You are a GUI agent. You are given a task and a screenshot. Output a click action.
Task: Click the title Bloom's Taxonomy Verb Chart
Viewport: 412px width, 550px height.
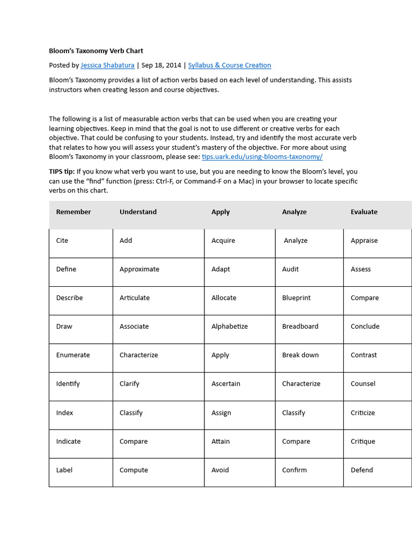tap(96, 51)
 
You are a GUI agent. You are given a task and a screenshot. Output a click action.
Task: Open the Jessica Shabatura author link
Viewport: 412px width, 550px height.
tap(108, 66)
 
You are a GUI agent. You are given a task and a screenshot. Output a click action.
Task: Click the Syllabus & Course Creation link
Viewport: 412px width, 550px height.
tap(229, 66)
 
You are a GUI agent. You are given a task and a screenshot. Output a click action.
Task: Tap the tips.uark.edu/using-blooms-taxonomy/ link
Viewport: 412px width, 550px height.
tap(262, 157)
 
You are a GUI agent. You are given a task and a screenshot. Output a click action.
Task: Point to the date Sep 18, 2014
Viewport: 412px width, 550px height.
tap(161, 66)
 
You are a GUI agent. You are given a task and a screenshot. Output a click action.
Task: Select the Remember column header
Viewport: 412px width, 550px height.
tap(73, 212)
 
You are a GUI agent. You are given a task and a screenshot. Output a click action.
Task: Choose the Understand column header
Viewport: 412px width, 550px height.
tap(138, 212)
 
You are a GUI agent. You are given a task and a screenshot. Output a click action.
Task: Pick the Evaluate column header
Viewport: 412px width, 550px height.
tap(364, 212)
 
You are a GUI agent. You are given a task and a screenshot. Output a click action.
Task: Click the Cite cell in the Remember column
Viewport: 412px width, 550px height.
tap(62, 241)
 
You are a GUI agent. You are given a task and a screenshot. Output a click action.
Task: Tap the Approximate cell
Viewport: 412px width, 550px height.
tap(139, 269)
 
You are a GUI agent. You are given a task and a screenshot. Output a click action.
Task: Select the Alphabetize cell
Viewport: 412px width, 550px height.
tap(229, 327)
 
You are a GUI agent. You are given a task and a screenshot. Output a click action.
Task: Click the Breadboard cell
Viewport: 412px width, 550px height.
tap(300, 327)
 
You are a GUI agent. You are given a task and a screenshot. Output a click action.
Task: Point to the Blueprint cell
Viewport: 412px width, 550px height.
tap(296, 298)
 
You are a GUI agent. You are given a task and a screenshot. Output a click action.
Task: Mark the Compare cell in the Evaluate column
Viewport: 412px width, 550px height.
tap(364, 298)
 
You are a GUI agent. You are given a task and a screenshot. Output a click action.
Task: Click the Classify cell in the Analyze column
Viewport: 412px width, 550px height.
tap(293, 413)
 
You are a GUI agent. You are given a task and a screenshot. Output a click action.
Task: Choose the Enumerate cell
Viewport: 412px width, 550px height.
tap(73, 355)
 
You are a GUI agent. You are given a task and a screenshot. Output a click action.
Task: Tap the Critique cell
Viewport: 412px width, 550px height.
tap(363, 442)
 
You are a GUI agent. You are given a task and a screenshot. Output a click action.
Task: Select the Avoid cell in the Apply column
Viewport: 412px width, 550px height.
tap(220, 470)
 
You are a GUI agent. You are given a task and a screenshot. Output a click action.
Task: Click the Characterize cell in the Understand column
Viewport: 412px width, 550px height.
tap(138, 355)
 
